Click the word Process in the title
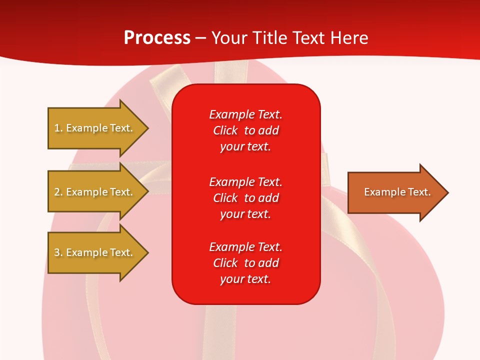[x=157, y=38]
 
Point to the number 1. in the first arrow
[x=58, y=128]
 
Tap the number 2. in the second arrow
[x=58, y=192]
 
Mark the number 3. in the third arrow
[x=58, y=252]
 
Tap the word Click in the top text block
[x=225, y=130]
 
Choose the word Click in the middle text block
[x=225, y=198]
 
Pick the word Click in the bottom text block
[x=225, y=263]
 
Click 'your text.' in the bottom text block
[x=245, y=279]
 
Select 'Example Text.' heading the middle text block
[x=245, y=181]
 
